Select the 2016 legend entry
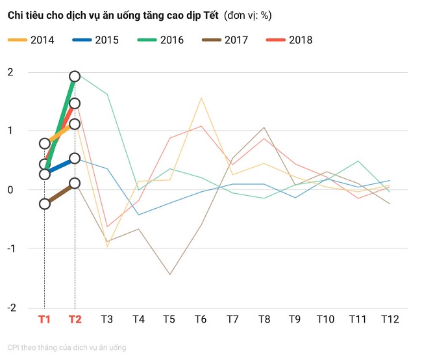pos(161,40)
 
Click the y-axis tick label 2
pos(10,72)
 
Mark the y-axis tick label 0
pos(10,189)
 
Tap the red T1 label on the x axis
pos(44,319)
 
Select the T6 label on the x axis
pos(201,319)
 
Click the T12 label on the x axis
pos(390,319)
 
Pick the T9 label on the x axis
pos(295,319)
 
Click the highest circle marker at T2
pos(75,77)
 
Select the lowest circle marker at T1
pos(44,204)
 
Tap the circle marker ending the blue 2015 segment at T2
pos(75,158)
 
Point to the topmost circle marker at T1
pos(44,143)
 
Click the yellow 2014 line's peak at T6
pos(201,98)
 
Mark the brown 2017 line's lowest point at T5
pos(169,274)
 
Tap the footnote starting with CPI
pos(67,348)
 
